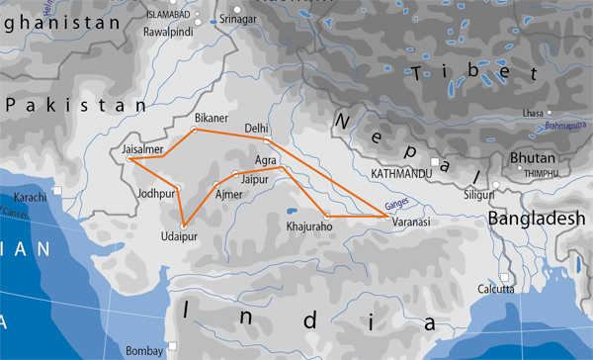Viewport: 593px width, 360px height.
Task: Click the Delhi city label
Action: [x=257, y=129]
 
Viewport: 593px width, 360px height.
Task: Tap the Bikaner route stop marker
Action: [x=194, y=130]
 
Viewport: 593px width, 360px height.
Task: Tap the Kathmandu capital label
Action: [x=401, y=173]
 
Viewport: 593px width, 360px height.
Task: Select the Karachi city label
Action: [x=32, y=199]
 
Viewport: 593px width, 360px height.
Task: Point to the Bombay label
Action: [x=144, y=350]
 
